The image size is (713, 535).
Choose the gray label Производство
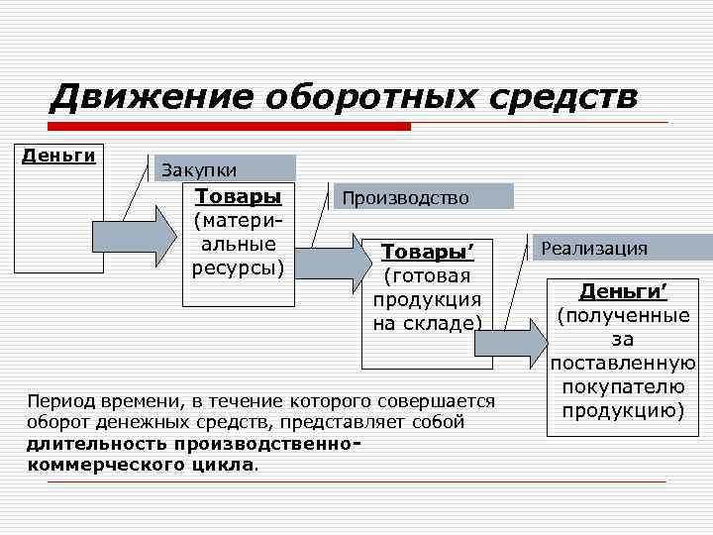point(405,198)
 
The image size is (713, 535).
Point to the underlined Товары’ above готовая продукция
point(427,253)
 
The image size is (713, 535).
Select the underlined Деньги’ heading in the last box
point(623,291)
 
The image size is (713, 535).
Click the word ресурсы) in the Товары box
point(238,267)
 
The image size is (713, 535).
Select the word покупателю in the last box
point(623,385)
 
